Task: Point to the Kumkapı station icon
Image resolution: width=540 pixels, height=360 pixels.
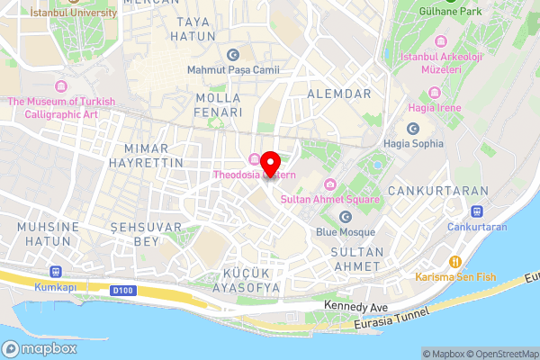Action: pyautogui.click(x=57, y=271)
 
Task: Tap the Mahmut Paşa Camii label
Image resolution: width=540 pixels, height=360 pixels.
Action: pyautogui.click(x=233, y=69)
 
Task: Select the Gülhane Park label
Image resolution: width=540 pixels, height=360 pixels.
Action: pyautogui.click(x=454, y=12)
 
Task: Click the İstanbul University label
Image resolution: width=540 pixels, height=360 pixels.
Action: pyautogui.click(x=73, y=13)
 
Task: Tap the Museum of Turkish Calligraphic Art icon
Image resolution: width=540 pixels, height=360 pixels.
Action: pyautogui.click(x=61, y=86)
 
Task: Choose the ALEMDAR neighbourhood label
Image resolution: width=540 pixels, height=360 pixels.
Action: pyautogui.click(x=339, y=93)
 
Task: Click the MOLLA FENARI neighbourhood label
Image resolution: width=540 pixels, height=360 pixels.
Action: pyautogui.click(x=219, y=104)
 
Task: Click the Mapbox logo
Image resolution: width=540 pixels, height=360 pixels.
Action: pyautogui.click(x=40, y=349)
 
